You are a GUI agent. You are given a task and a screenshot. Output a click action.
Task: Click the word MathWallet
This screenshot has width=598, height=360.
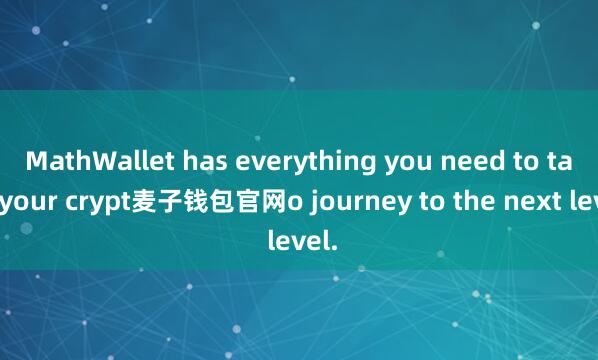(92, 161)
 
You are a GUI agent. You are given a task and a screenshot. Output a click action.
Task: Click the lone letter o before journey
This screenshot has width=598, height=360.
(293, 205)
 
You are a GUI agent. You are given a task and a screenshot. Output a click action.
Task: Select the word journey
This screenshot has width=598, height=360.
(345, 205)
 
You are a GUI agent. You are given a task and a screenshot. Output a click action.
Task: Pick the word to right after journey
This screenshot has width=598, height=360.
(407, 205)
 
